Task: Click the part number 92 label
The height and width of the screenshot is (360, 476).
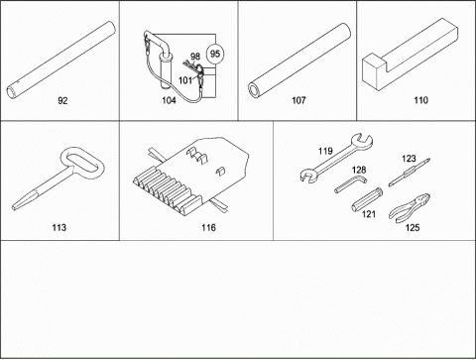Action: click(62, 100)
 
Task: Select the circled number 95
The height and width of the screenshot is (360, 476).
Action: click(215, 54)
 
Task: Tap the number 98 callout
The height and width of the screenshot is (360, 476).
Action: click(195, 57)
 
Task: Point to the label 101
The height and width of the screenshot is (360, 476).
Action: click(185, 80)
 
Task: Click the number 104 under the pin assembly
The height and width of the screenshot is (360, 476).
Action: click(169, 100)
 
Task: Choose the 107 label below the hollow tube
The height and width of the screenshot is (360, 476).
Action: click(298, 100)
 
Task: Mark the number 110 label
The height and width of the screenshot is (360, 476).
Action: click(420, 100)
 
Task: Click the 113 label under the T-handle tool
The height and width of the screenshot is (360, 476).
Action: click(59, 227)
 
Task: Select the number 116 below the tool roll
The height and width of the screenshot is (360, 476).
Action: click(208, 227)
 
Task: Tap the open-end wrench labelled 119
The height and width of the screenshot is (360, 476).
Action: click(337, 158)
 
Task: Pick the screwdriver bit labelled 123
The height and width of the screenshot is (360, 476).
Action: click(410, 173)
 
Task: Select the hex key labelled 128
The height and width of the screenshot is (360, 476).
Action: click(351, 184)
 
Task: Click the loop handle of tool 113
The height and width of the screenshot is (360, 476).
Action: click(82, 164)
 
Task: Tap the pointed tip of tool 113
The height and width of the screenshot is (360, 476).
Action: click(14, 208)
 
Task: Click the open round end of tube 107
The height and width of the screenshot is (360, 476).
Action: click(255, 90)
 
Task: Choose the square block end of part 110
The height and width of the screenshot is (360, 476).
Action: click(375, 73)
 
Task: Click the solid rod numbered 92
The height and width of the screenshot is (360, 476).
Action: click(61, 60)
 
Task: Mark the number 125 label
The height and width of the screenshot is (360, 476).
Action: click(413, 227)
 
